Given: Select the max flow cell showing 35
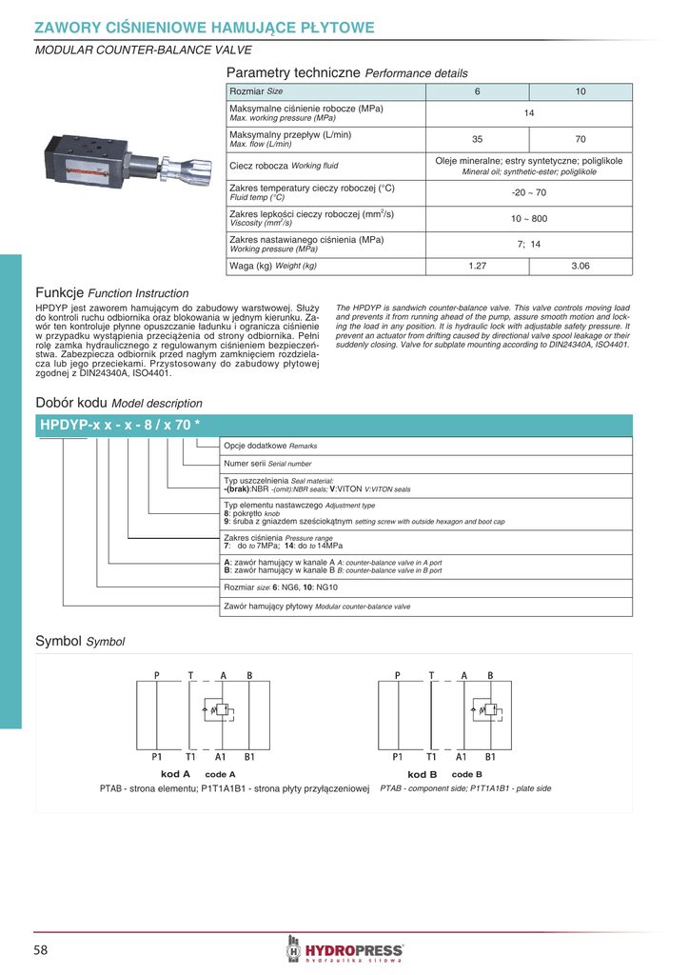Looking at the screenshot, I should pyautogui.click(x=478, y=139).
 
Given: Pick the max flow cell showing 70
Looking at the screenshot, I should pyautogui.click(x=581, y=139).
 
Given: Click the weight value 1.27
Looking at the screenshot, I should pyautogui.click(x=478, y=266).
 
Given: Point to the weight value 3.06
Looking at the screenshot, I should pyautogui.click(x=581, y=266).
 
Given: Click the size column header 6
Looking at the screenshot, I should pyautogui.click(x=478, y=91).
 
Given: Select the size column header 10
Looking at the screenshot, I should pyautogui.click(x=581, y=91).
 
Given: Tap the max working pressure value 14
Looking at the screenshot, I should pyautogui.click(x=529, y=113).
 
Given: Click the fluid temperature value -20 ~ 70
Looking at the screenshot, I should pyautogui.click(x=529, y=192).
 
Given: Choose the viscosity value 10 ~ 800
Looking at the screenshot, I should pyautogui.click(x=529, y=219).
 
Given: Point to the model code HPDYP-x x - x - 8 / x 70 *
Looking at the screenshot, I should pyautogui.click(x=119, y=425).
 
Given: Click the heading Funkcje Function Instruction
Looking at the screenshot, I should pyautogui.click(x=112, y=292).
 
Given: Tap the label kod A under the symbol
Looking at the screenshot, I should pyautogui.click(x=176, y=774).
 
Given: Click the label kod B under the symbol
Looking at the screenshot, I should pyautogui.click(x=422, y=774).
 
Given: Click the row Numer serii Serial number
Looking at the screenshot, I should pyautogui.click(x=267, y=464).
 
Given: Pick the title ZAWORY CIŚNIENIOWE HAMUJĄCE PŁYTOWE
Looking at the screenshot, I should pyautogui.click(x=205, y=28).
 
